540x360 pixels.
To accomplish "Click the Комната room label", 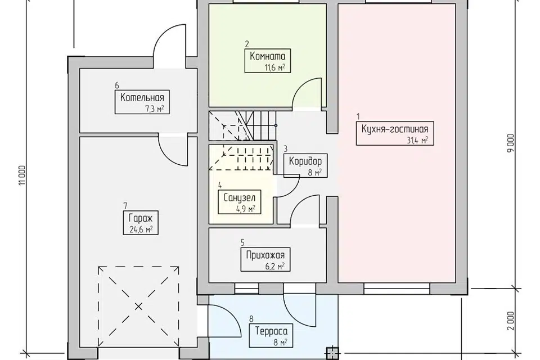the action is pos(268,56).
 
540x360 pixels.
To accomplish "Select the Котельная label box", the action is pos(142,102).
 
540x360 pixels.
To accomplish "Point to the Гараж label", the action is pos(141,218).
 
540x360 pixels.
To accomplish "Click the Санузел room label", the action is pos(240,198).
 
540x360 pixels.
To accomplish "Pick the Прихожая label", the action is pos(265,255).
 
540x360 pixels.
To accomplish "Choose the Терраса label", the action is pos(271,331).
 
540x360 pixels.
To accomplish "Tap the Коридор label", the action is pos(305,161).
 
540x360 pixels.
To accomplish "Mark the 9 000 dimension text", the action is pos(511,143).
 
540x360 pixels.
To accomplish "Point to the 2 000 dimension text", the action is pos(511,321).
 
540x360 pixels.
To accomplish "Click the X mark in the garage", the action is pos(138,306).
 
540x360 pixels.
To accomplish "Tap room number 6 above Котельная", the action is pos(117,85).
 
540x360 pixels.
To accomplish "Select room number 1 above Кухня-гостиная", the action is pos(358,116).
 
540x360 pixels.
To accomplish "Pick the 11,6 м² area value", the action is pos(274,67).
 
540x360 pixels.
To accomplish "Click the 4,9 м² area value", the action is pos(245,209).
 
